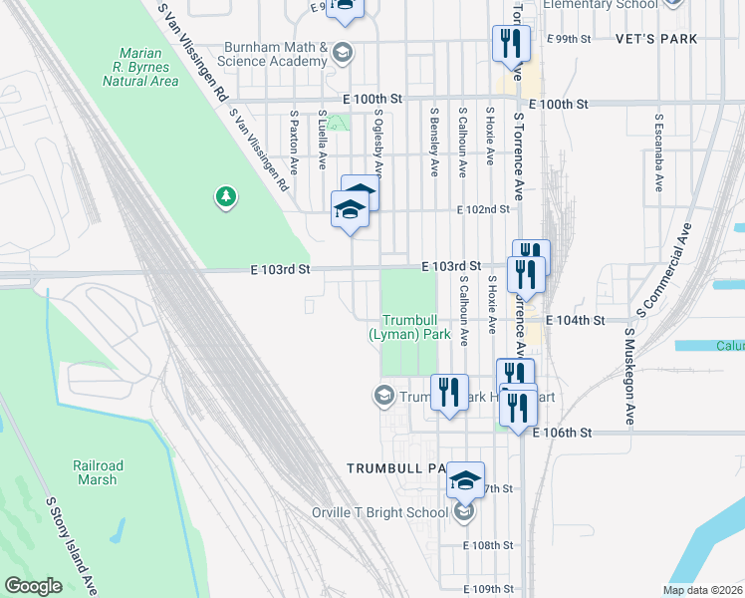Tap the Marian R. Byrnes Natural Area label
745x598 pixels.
tap(147, 67)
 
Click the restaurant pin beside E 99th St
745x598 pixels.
tap(506, 43)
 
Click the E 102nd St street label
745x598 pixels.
tap(483, 209)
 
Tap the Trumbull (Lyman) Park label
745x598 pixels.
tap(409, 328)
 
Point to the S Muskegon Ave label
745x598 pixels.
tap(629, 378)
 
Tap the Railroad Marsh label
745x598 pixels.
tap(98, 472)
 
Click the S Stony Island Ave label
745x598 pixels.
tap(69, 546)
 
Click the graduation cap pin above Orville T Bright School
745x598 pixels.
tap(465, 480)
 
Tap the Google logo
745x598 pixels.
tap(33, 586)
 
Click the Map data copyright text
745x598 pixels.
tap(701, 590)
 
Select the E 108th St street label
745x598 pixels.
tap(488, 545)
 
